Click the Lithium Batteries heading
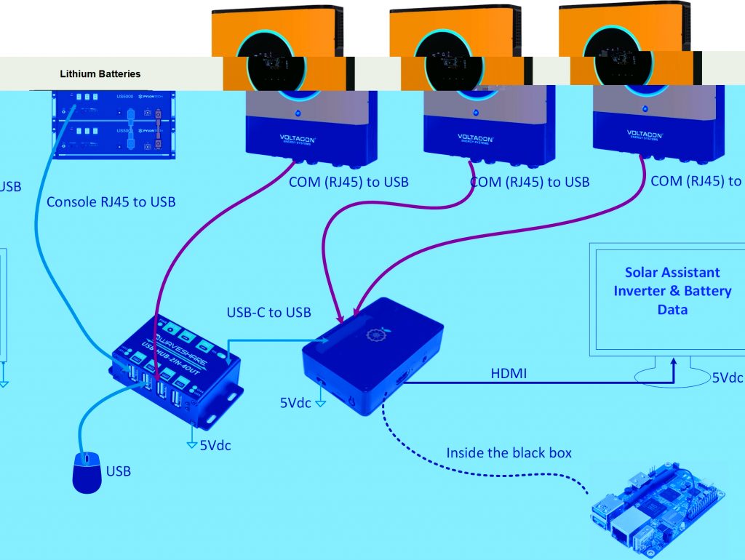(100, 74)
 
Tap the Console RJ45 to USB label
(111, 201)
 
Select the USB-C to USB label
(268, 313)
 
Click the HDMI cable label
(509, 373)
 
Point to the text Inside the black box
(509, 453)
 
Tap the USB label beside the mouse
(119, 471)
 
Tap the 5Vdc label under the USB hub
(215, 445)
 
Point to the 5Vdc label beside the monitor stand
(727, 378)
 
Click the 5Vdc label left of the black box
(296, 401)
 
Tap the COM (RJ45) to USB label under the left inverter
(348, 182)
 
